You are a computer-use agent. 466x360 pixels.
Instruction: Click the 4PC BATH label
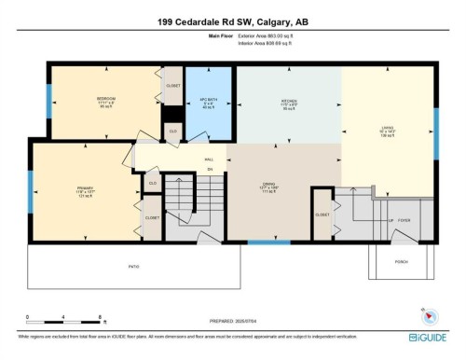coord(206,100)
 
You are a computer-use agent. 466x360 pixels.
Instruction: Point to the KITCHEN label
coord(289,101)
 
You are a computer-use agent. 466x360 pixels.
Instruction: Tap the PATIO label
coord(133,267)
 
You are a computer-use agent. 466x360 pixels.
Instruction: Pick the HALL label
coord(210,159)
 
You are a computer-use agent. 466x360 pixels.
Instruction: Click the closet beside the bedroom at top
coord(173,85)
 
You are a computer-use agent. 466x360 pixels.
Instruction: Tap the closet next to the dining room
coord(322,213)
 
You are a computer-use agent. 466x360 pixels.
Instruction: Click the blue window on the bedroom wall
coord(49,101)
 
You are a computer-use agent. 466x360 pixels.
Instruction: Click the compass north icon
coord(428,313)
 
